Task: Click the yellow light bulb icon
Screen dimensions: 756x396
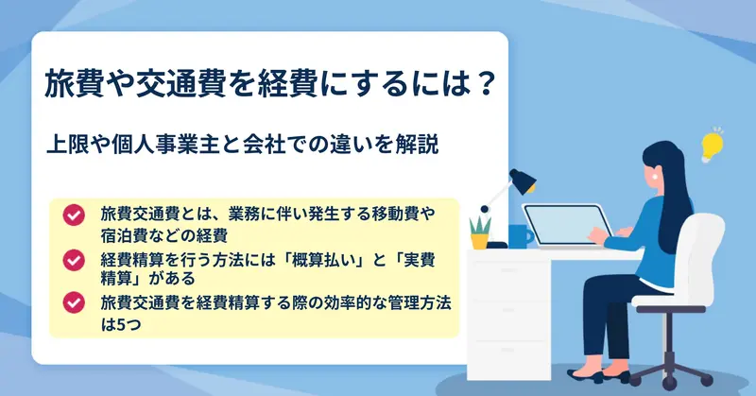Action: tap(713, 146)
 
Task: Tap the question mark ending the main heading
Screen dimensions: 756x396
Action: tap(482, 84)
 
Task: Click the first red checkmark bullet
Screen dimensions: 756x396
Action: tap(74, 215)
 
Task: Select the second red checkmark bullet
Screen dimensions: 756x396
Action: tap(74, 260)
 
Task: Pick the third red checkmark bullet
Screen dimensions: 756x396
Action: tap(74, 303)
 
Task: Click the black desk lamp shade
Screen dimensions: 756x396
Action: tap(524, 181)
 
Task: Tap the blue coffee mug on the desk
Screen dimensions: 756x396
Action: tap(520, 236)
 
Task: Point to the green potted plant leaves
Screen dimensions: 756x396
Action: tap(480, 225)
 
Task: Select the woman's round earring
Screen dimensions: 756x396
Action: tap(655, 176)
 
